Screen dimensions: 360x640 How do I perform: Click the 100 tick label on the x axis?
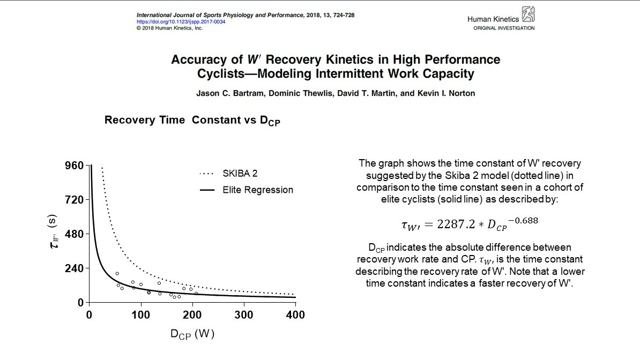[140, 315]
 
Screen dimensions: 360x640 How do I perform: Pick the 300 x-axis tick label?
[244, 315]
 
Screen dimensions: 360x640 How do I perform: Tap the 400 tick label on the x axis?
[295, 315]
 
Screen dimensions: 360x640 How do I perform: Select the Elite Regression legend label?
[258, 190]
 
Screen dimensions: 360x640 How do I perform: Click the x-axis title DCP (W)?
[192, 334]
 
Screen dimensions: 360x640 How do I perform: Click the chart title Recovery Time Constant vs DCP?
[192, 121]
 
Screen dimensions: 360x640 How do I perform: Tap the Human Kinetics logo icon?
[527, 15]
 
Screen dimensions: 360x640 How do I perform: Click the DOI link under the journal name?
[181, 21]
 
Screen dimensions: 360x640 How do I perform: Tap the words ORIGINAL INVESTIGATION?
[503, 28]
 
